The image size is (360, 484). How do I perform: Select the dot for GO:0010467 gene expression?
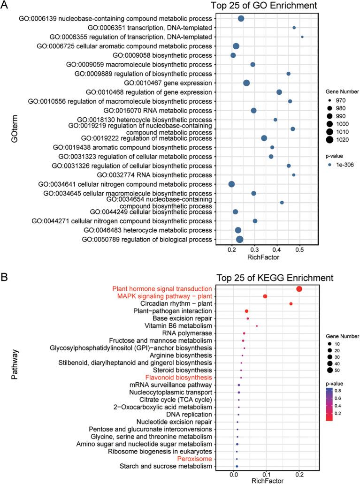tap(246, 83)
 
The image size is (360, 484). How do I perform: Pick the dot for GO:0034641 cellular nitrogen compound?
tap(231, 184)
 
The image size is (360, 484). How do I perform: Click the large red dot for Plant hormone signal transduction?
tap(299, 289)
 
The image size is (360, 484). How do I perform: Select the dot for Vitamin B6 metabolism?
tap(257, 326)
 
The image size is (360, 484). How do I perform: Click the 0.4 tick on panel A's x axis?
tap(277, 250)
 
